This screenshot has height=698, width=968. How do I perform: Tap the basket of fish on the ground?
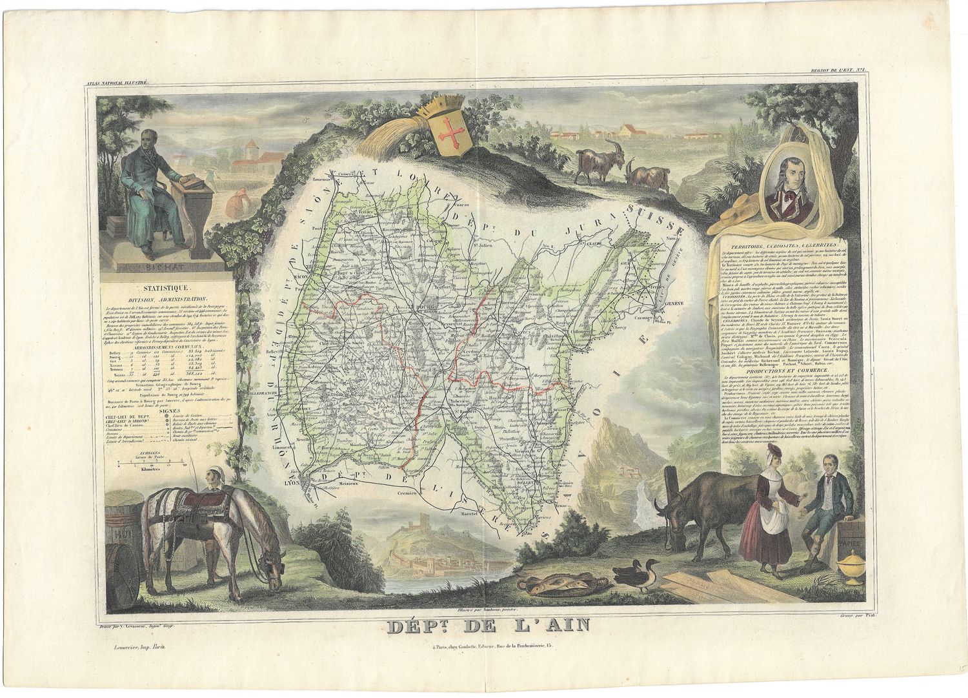pyautogui.click(x=561, y=584)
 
